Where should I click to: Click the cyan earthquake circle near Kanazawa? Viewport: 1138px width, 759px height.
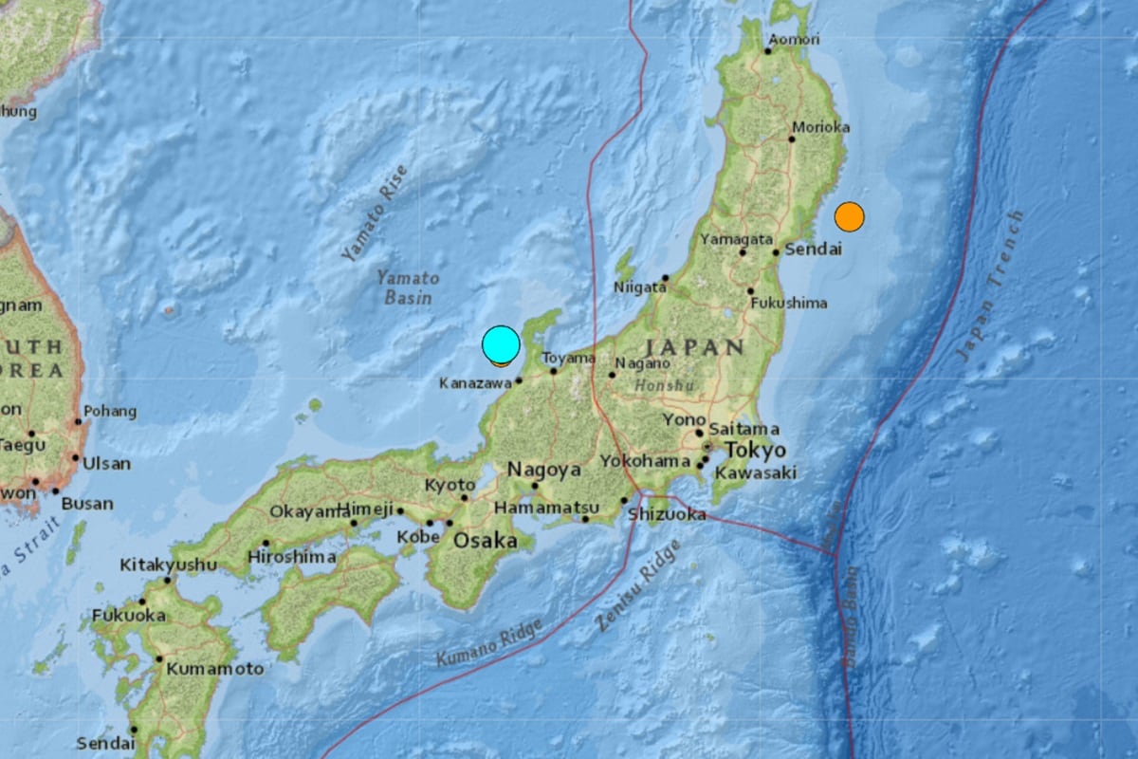click(x=501, y=344)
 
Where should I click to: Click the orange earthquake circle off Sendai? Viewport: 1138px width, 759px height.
click(x=849, y=217)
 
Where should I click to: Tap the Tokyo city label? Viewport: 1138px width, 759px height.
click(x=755, y=450)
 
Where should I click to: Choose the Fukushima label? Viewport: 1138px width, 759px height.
click(x=789, y=304)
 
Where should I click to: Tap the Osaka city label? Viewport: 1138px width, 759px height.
click(x=486, y=541)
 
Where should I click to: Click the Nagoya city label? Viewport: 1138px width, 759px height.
click(x=543, y=469)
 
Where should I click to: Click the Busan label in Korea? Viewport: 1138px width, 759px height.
click(x=87, y=503)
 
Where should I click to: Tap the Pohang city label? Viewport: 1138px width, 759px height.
click(x=110, y=412)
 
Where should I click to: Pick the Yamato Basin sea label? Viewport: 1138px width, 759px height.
click(x=408, y=287)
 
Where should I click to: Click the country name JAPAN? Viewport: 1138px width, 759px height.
click(x=697, y=347)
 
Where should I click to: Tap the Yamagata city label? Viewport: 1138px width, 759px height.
click(x=737, y=239)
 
